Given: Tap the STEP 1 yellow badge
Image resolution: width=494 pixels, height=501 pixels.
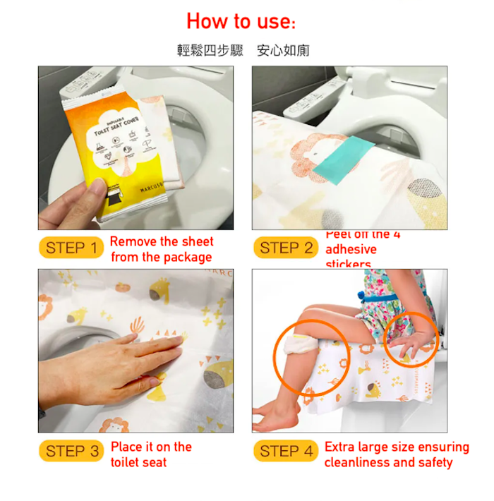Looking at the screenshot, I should click(71, 248).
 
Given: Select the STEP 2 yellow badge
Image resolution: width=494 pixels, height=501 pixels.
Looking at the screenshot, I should click(285, 248).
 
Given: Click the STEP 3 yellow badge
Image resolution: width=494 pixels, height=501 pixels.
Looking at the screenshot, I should click(71, 452).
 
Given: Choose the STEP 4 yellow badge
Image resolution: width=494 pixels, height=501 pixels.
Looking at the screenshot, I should click(285, 452).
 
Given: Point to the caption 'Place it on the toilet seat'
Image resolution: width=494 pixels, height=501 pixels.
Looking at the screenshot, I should click(151, 454).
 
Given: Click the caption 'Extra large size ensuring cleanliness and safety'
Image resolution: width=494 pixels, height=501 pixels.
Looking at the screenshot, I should click(396, 454).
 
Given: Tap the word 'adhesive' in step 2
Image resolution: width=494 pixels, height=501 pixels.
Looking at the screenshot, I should click(351, 249).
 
